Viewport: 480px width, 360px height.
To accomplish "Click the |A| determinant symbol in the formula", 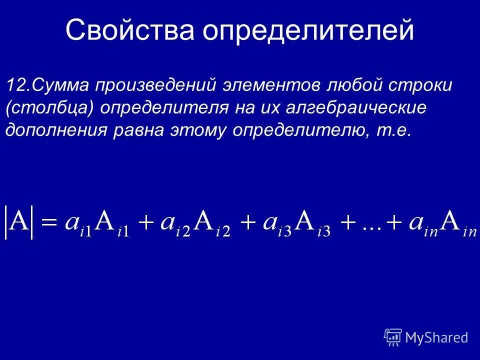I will point(19,221).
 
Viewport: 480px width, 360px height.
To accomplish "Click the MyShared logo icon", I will point(393,337).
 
